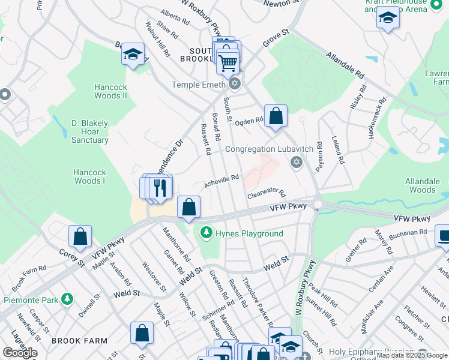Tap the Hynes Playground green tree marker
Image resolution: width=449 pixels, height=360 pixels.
[x=206, y=232]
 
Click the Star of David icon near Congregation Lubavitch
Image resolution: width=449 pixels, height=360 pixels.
[x=295, y=162]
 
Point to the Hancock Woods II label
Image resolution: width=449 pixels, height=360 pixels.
[x=110, y=91]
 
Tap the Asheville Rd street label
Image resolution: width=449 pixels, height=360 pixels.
[x=221, y=181]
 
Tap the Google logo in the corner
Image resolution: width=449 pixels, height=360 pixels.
[x=20, y=352]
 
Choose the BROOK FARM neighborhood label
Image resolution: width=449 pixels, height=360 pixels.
[x=79, y=340]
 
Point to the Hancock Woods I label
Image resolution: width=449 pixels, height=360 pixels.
[x=89, y=176]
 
